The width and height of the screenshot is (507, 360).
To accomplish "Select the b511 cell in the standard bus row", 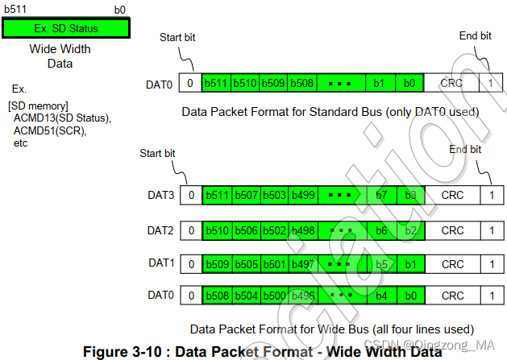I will pyautogui.click(x=216, y=82).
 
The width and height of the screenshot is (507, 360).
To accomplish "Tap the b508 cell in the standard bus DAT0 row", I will pyautogui.click(x=301, y=82).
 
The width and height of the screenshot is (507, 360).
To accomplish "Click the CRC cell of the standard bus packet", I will pyautogui.click(x=451, y=82).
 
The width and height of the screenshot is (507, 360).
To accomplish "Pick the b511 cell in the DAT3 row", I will pyautogui.click(x=216, y=195).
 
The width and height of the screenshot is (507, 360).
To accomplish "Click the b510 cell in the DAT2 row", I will pyautogui.click(x=216, y=230).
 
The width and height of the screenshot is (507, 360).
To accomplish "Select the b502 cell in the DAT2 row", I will pyautogui.click(x=273, y=230).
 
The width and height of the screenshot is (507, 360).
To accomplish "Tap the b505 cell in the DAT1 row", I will pyautogui.click(x=245, y=264).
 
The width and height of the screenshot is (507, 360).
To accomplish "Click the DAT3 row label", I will pyautogui.click(x=160, y=194).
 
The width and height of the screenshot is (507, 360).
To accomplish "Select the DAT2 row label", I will pyautogui.click(x=160, y=229).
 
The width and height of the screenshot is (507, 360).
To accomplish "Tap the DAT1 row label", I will pyautogui.click(x=160, y=263).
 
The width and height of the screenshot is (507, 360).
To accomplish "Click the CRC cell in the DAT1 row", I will pyautogui.click(x=451, y=264).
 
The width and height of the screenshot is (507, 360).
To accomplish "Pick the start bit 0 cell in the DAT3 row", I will pyautogui.click(x=190, y=195).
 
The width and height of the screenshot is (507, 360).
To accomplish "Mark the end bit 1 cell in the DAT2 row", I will pyautogui.click(x=491, y=230).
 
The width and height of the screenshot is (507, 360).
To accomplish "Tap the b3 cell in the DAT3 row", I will pyautogui.click(x=410, y=195).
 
